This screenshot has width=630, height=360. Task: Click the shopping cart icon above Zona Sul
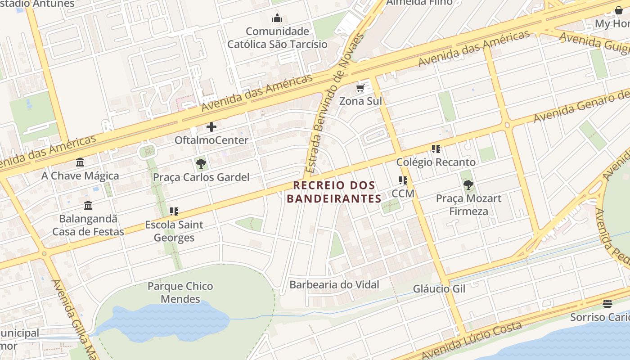[x=360, y=88]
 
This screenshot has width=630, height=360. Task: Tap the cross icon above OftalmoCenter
[x=211, y=127]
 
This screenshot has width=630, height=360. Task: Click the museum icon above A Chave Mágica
[x=80, y=162]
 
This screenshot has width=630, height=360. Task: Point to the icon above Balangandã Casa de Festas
[x=88, y=205]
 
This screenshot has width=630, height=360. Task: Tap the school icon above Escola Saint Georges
[x=174, y=211]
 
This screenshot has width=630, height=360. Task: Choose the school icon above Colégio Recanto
[x=436, y=149]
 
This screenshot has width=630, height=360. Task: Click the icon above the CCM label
[x=403, y=180]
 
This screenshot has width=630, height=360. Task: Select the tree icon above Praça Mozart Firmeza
[x=468, y=184]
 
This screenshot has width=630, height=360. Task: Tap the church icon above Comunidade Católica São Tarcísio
[x=277, y=18]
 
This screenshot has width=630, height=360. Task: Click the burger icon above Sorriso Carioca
[x=607, y=304]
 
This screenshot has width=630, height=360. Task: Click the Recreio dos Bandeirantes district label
[x=334, y=192]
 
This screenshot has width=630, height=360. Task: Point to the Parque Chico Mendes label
[x=180, y=292]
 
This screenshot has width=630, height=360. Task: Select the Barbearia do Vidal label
[x=334, y=284]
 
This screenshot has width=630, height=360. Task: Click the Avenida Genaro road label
[x=580, y=106]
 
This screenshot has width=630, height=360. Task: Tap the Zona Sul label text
[x=360, y=101]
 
